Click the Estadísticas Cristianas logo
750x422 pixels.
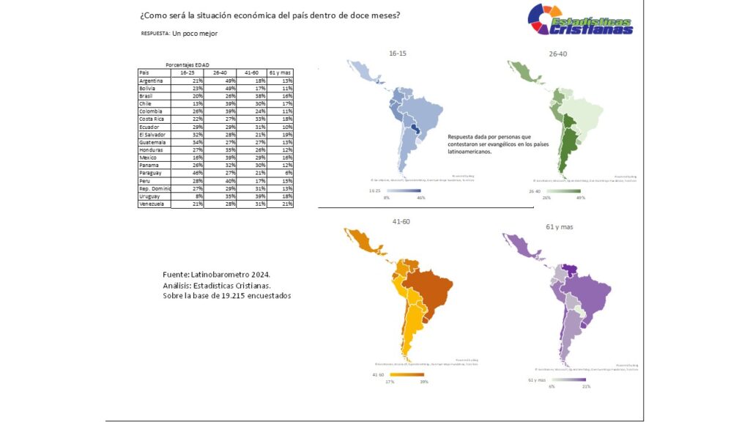point(580,19)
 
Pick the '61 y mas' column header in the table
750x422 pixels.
point(280,73)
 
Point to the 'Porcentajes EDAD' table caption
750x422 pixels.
point(187,65)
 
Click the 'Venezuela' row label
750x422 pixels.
point(152,204)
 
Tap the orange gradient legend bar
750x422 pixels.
point(406,374)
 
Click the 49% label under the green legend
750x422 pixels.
point(581,198)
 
